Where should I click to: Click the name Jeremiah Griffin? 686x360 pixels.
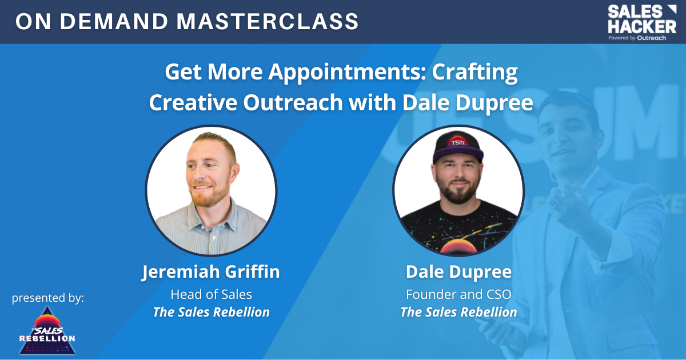(211, 271)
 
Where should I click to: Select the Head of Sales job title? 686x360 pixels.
(211, 294)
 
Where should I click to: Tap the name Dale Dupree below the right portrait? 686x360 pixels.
(458, 271)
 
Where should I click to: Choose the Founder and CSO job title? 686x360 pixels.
(458, 294)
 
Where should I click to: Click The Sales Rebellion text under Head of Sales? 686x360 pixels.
(211, 312)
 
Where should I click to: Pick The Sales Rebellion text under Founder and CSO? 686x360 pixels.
(458, 312)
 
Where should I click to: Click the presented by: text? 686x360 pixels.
(48, 298)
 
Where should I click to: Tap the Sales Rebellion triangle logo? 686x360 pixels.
(47, 331)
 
